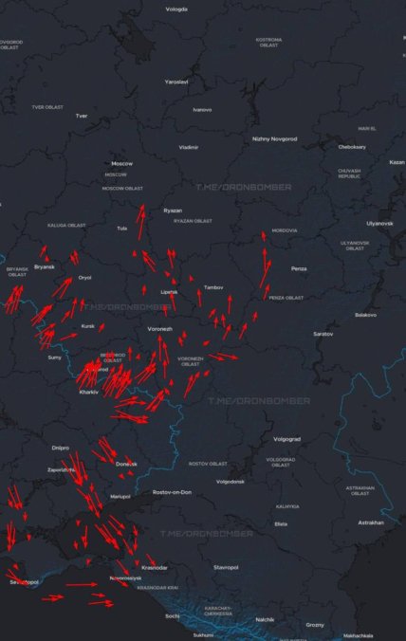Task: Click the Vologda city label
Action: coord(176,9)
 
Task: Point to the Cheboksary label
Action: coord(351,147)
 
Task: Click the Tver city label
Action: coord(82,116)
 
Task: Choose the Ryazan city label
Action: coord(173,210)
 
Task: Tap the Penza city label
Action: coord(299,268)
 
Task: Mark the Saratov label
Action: coord(323,334)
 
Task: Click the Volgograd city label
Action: coord(286,439)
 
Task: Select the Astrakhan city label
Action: coord(371,522)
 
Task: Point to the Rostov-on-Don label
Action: coord(172,492)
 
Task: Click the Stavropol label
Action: coord(226,567)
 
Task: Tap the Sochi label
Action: coord(172,616)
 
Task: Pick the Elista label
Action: coord(281,523)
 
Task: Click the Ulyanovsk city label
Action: coord(379,223)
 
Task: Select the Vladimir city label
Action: coord(189,147)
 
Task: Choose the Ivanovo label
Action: coord(202,110)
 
